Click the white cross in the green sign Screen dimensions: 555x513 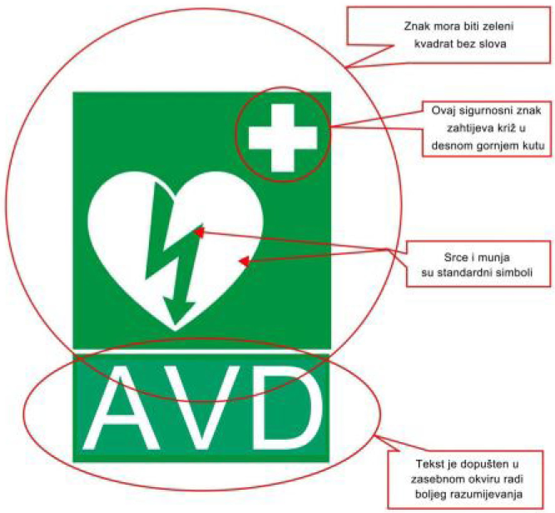(x=283, y=137)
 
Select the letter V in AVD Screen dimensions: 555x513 (x=201, y=407)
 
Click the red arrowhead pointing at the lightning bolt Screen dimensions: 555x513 (x=199, y=232)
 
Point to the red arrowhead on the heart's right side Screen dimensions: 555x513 (x=244, y=261)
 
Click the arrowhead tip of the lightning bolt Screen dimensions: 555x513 (x=174, y=324)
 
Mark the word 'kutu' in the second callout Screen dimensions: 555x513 (x=533, y=145)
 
